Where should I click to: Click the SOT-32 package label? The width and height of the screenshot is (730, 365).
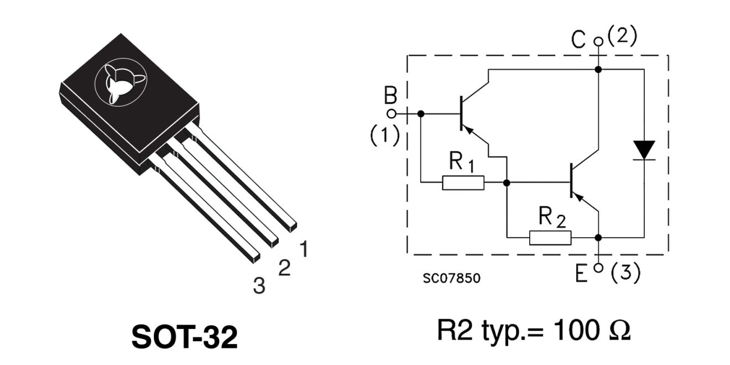point(185,336)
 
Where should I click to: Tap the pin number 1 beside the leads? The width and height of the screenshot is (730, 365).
point(304,249)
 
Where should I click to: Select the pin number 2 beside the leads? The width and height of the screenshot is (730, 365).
point(284,268)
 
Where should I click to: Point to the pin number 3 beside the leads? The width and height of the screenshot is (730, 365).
point(259,285)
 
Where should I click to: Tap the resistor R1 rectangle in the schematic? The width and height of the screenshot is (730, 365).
point(463,182)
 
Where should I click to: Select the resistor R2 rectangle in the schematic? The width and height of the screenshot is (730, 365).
point(550,237)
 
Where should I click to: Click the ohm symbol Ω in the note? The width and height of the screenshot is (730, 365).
point(619,331)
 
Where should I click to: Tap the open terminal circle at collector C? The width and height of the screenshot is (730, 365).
point(597,41)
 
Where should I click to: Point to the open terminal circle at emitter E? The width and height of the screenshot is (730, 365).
point(597,268)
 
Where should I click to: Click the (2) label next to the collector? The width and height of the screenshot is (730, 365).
point(622,37)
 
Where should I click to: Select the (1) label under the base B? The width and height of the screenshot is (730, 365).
point(384,135)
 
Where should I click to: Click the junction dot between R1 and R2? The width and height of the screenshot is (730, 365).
point(506,182)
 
